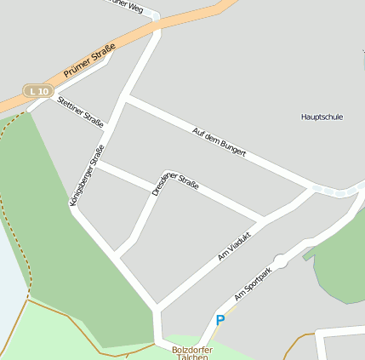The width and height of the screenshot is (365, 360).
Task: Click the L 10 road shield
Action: point(37,90)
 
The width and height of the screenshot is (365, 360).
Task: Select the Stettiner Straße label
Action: point(80,111)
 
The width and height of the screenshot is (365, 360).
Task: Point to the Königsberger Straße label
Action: point(86,178)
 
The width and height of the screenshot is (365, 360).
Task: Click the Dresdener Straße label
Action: point(175,185)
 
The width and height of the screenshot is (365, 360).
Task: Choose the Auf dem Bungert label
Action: point(220,143)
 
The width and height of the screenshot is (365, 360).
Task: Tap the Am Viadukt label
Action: point(235,245)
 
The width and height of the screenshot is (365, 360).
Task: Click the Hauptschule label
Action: point(322,117)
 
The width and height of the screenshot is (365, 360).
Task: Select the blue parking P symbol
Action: point(220,320)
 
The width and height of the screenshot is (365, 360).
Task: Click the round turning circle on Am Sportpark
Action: point(280,261)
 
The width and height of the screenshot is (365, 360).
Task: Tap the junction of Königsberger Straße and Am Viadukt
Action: point(156,308)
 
